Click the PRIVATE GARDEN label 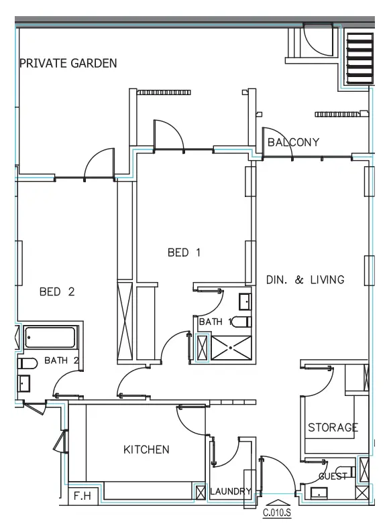pos(68,64)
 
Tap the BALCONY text pos(293,142)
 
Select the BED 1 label pos(184,253)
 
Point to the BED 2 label pos(57,291)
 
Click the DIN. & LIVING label pos(305,279)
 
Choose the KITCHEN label pos(146,449)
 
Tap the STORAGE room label pos(333,427)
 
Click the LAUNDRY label pos(231,491)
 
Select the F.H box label pos(82,497)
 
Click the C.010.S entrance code pos(276,514)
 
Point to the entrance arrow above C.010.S pos(276,502)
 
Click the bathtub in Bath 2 pos(51,338)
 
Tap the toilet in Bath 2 pos(27,363)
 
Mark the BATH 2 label pos(62,360)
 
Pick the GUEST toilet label pos(333,476)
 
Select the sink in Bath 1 pos(245,302)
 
